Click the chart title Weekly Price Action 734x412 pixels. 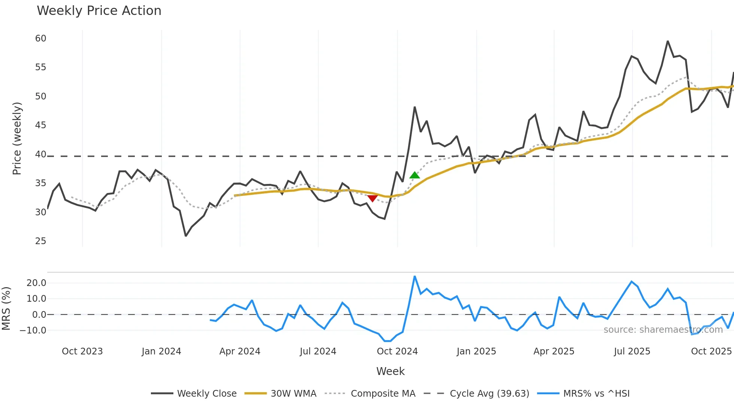click(99, 11)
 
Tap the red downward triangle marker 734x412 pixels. click(372, 198)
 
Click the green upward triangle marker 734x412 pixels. click(415, 175)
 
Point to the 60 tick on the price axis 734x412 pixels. click(41, 39)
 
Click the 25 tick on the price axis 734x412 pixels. click(41, 241)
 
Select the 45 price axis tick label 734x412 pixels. click(41, 125)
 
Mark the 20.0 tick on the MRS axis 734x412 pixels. click(36, 283)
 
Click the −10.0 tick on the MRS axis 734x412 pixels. click(33, 330)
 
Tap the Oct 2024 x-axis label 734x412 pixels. click(397, 351)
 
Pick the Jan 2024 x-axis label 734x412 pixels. click(161, 351)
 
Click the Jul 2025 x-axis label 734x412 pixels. click(632, 351)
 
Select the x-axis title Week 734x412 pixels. click(390, 371)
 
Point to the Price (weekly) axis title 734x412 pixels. click(17, 138)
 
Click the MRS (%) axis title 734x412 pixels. click(6, 308)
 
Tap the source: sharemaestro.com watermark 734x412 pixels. click(663, 330)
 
